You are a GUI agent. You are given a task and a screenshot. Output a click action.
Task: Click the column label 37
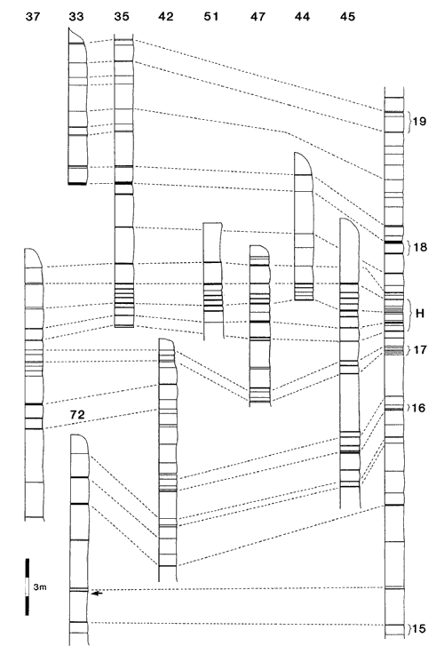point(33,17)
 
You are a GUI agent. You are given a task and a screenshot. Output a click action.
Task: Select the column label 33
point(76,17)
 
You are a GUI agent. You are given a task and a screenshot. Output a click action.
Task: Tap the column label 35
point(122,17)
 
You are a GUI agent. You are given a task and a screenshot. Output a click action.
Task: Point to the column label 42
point(166,17)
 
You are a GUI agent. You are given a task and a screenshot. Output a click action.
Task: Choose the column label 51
point(211,17)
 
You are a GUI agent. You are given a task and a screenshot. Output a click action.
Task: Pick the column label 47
point(258,17)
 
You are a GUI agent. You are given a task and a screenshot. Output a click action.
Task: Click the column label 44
point(302,17)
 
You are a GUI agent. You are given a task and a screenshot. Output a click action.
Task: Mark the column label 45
point(348,17)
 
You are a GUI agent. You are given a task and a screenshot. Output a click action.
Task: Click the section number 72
point(77,415)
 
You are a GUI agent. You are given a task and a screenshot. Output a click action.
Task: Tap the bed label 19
point(419,122)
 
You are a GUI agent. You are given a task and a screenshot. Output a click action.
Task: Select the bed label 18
point(420,247)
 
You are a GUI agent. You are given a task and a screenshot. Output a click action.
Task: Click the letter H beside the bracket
point(420,314)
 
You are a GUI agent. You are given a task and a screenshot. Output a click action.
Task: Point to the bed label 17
point(420,349)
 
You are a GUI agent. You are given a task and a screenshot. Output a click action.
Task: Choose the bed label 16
point(418,408)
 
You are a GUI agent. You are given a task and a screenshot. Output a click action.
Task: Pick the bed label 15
point(418,628)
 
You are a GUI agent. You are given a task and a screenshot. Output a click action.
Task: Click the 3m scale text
point(40,587)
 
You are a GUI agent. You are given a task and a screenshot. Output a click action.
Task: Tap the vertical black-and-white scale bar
point(28,586)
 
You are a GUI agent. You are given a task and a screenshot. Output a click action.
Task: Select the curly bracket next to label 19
point(409,123)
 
